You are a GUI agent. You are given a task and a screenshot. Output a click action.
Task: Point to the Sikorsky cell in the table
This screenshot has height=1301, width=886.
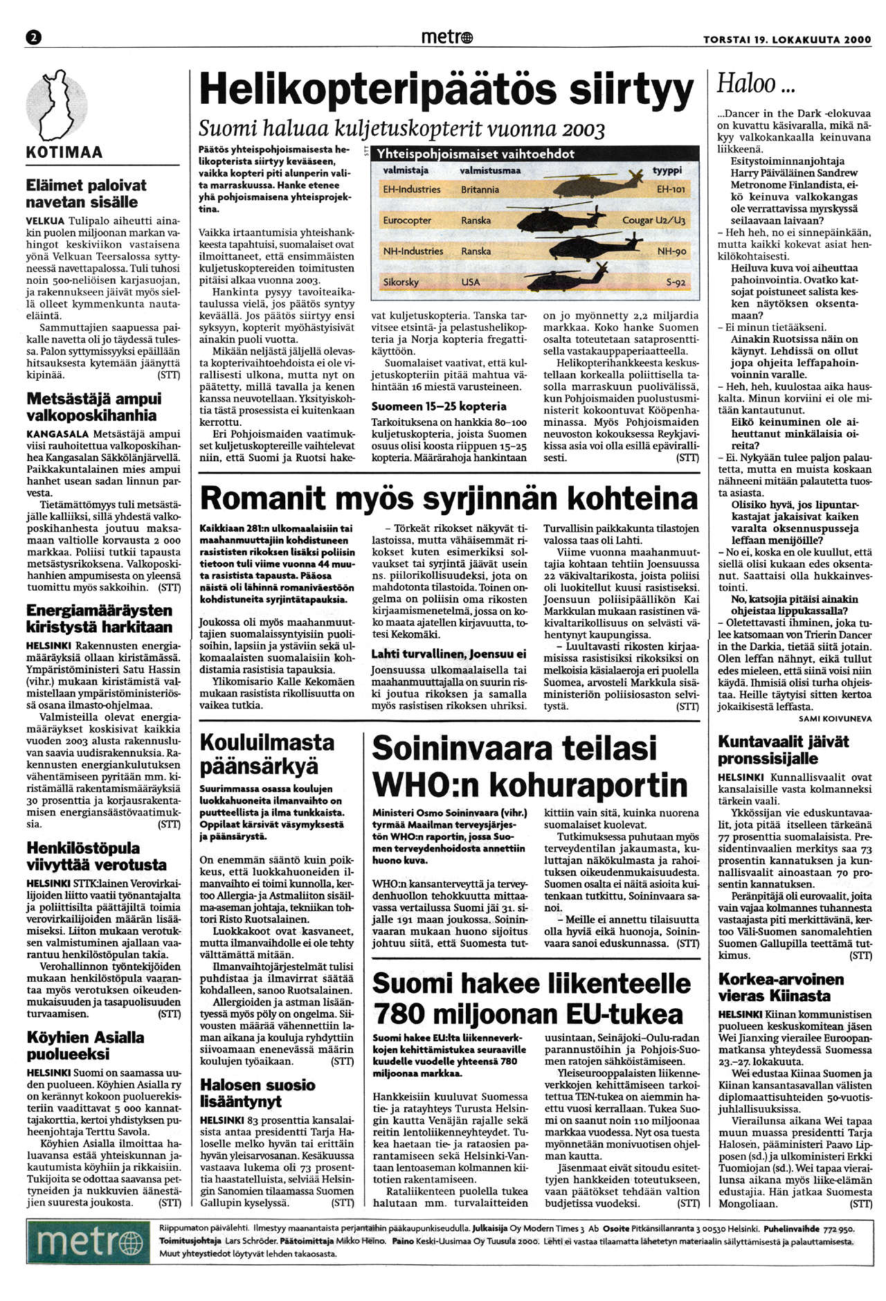tap(401, 282)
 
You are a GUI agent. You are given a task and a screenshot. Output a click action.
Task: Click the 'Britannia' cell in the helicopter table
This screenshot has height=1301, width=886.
tap(480, 189)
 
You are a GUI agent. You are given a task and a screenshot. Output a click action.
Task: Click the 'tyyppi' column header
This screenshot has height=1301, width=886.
tap(667, 170)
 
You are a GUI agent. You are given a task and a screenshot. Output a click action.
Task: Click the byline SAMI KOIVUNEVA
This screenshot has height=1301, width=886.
tap(835, 719)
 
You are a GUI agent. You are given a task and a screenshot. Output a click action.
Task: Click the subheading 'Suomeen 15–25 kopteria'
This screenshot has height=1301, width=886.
tap(439, 406)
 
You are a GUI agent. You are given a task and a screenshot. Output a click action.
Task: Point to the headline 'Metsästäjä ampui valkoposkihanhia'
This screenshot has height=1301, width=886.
tap(94, 407)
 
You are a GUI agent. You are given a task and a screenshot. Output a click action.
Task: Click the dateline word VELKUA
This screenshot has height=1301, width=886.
tap(43, 220)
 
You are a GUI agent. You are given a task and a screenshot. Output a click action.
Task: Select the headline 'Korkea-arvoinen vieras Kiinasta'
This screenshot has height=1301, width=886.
tap(781, 987)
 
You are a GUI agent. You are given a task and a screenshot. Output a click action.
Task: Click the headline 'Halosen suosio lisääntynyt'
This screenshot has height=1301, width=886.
tap(257, 1093)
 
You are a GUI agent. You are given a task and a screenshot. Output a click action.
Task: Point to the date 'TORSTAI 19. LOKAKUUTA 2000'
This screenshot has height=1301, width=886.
tap(787, 40)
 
